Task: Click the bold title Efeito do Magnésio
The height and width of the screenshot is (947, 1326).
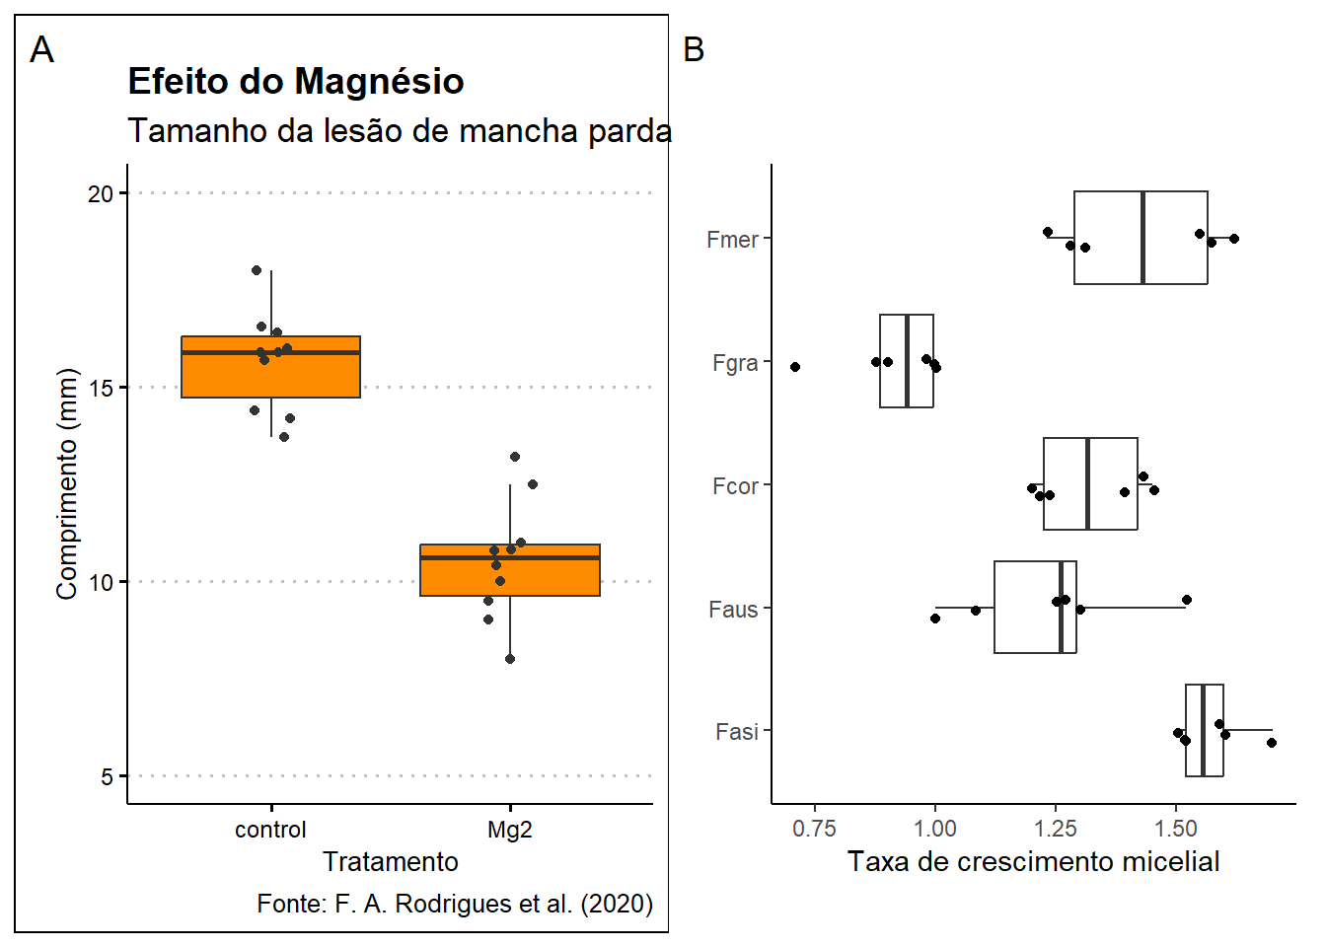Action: [296, 82]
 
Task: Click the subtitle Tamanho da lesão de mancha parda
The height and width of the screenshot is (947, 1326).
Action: [400, 130]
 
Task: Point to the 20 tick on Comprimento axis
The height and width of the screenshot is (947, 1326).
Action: [101, 193]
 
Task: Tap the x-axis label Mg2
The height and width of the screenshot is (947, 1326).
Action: [509, 830]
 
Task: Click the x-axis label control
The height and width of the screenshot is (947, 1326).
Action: [270, 830]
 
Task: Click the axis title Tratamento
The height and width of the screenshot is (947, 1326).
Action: [391, 861]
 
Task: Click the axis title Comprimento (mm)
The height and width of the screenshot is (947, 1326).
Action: [66, 483]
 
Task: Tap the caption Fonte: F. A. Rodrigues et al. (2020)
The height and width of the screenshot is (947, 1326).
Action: [455, 904]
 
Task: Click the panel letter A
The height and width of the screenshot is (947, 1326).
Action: [41, 49]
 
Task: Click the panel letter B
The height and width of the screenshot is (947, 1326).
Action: [694, 49]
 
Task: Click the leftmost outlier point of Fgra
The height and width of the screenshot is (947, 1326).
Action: [795, 367]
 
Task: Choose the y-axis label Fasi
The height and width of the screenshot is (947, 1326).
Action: [737, 732]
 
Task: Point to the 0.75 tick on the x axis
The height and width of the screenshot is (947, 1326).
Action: [814, 829]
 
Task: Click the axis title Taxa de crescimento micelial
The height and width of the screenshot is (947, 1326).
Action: [1033, 861]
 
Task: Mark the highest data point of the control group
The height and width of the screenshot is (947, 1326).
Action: [257, 270]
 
